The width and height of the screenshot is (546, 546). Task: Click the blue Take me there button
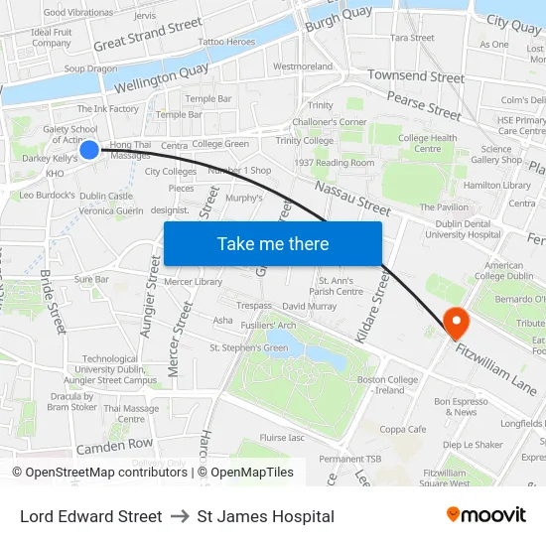point(273,243)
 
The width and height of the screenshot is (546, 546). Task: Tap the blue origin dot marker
point(88,149)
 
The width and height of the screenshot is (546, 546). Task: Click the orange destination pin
point(456,320)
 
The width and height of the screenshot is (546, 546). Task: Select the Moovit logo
point(486,515)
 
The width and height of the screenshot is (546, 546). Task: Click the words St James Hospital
point(265,516)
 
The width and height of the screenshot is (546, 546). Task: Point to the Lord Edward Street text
point(90,516)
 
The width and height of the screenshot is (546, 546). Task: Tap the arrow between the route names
point(180,516)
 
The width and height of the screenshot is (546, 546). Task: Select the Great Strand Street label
point(148,35)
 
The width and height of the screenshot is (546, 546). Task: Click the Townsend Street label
point(416,75)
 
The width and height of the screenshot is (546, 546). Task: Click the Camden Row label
point(115,446)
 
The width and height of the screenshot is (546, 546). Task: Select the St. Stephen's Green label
point(248,348)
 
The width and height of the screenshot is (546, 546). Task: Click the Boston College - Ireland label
point(387,385)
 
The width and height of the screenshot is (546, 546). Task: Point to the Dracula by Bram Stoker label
point(71,402)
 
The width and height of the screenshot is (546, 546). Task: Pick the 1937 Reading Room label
point(335,163)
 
